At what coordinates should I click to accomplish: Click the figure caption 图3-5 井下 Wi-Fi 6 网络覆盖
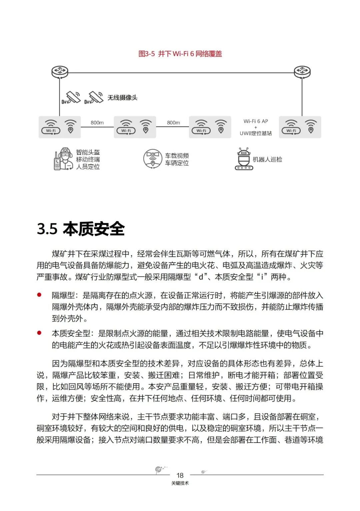pyautogui.click(x=180, y=54)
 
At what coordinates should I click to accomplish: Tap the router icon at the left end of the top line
pyautogui.click(x=60, y=71)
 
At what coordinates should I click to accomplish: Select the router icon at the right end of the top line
pyautogui.click(x=302, y=71)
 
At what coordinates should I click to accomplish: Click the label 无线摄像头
pyautogui.click(x=122, y=98)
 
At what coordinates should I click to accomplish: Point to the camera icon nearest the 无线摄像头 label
pyautogui.click(x=94, y=97)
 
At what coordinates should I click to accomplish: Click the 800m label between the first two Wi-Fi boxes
pyautogui.click(x=97, y=123)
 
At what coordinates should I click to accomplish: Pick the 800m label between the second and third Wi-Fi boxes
pyautogui.click(x=173, y=123)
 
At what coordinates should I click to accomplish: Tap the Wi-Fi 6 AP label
pyautogui.click(x=256, y=121)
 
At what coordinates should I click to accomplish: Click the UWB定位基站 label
pyautogui.click(x=256, y=133)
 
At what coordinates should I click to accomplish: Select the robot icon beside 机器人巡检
pyautogui.click(x=244, y=159)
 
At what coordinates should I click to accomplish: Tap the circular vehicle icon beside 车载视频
pyautogui.click(x=153, y=159)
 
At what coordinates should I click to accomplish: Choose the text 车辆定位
pyautogui.click(x=177, y=163)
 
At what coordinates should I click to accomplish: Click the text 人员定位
pyautogui.click(x=88, y=167)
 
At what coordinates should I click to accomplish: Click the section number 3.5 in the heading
pyautogui.click(x=47, y=229)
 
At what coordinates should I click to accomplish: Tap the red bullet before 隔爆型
pyautogui.click(x=39, y=295)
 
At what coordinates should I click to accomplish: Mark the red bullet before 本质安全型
pyautogui.click(x=39, y=333)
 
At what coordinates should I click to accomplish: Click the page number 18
pyautogui.click(x=180, y=475)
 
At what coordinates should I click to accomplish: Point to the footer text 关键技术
pyautogui.click(x=180, y=483)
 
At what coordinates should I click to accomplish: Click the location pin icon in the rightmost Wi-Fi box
pyautogui.click(x=311, y=127)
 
